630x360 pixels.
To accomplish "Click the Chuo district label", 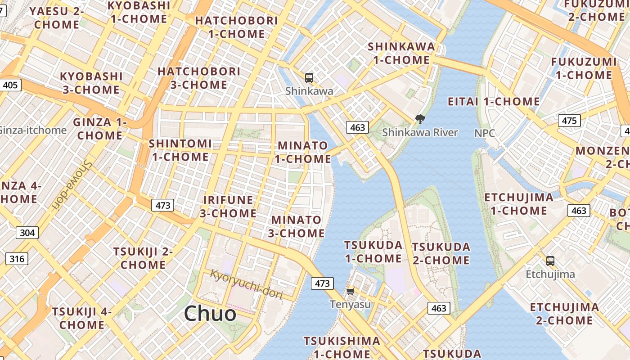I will (210, 314).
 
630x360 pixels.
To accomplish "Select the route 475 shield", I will (569, 121).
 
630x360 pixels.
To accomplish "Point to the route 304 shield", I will (27, 233).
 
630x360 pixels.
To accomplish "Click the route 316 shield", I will (17, 259).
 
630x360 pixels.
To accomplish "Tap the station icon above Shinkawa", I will (309, 78).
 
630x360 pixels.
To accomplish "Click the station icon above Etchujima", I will (550, 261).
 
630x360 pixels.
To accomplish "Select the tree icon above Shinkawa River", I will (420, 119).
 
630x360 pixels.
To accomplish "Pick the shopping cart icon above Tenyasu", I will (350, 292).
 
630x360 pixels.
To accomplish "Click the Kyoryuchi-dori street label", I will (247, 284).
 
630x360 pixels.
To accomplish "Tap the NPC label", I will (485, 133).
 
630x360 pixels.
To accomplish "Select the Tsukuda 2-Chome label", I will (441, 253).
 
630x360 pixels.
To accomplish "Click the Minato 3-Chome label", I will (296, 226).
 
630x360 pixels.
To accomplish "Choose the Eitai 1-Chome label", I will (494, 102).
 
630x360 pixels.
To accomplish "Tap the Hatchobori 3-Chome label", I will (199, 78).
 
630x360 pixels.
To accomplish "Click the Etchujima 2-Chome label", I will (564, 314).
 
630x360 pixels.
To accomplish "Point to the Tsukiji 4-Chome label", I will (82, 318).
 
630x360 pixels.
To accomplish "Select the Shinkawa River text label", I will (420, 132).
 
